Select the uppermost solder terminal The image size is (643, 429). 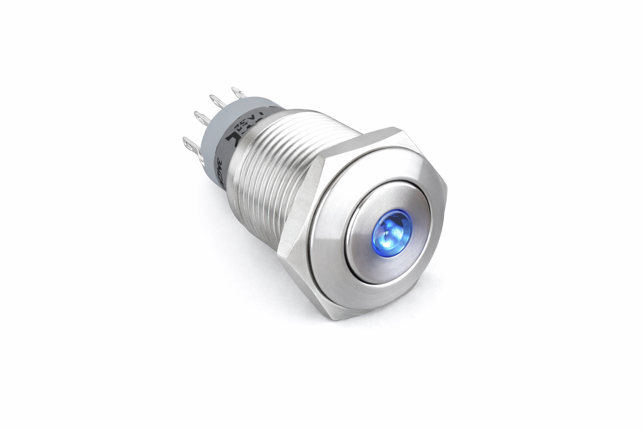coord(237,91)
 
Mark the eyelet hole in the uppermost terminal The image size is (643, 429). coord(236,90)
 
